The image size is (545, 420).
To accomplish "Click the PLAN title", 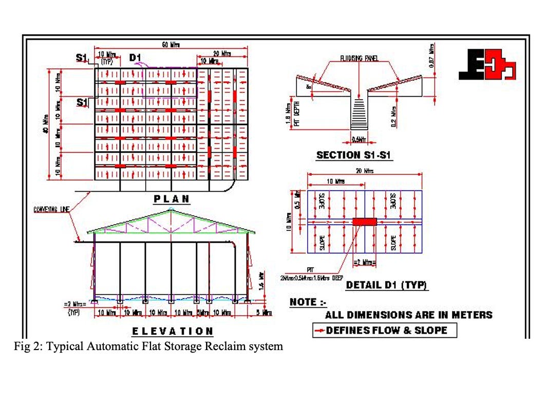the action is pyautogui.click(x=172, y=199).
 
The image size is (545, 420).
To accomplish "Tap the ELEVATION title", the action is pyautogui.click(x=172, y=331).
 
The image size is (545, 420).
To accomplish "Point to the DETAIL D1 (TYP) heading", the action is pyautogui.click(x=387, y=285).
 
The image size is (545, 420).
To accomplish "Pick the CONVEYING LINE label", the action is pyautogui.click(x=51, y=209).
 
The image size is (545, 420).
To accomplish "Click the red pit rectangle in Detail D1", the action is pyautogui.click(x=364, y=222).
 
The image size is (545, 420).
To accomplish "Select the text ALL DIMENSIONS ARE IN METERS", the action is pyautogui.click(x=408, y=315).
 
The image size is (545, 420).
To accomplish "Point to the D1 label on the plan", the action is pyautogui.click(x=135, y=58).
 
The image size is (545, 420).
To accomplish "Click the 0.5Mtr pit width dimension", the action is pyautogui.click(x=359, y=137).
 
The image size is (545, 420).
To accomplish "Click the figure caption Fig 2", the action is pyautogui.click(x=148, y=346).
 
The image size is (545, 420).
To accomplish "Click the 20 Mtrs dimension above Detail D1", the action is pyautogui.click(x=366, y=171).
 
